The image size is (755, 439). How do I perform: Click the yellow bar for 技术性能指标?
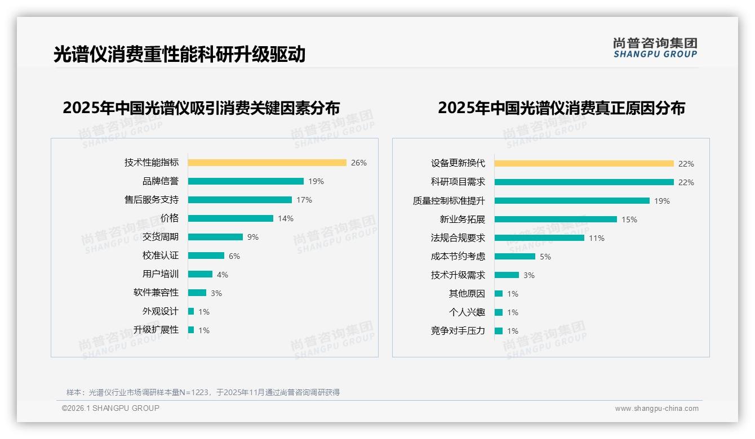(x=267, y=163)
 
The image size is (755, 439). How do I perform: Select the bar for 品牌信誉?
(x=246, y=181)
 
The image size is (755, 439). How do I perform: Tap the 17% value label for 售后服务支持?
(x=304, y=200)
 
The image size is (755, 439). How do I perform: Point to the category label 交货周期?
(x=160, y=237)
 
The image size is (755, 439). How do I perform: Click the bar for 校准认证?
(x=206, y=256)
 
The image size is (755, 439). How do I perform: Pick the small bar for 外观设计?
(x=191, y=311)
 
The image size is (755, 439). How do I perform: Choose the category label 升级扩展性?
(x=156, y=330)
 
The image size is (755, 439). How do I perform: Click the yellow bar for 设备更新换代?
(x=584, y=164)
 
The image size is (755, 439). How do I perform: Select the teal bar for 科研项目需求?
(x=584, y=182)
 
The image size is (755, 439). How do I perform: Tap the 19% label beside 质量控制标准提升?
(x=662, y=201)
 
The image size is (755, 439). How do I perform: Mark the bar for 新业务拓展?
(x=556, y=219)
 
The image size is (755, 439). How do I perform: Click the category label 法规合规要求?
(x=458, y=238)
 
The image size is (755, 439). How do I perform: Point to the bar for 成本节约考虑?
(x=515, y=257)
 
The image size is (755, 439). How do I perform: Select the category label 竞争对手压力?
(x=458, y=331)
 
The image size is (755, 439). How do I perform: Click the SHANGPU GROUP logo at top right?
(x=655, y=48)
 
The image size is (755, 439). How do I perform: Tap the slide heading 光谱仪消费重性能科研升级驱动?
(x=179, y=55)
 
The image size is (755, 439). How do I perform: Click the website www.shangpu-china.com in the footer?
(x=656, y=409)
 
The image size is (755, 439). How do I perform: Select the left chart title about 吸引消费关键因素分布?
(x=201, y=108)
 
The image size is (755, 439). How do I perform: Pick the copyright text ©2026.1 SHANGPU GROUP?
(x=110, y=408)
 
